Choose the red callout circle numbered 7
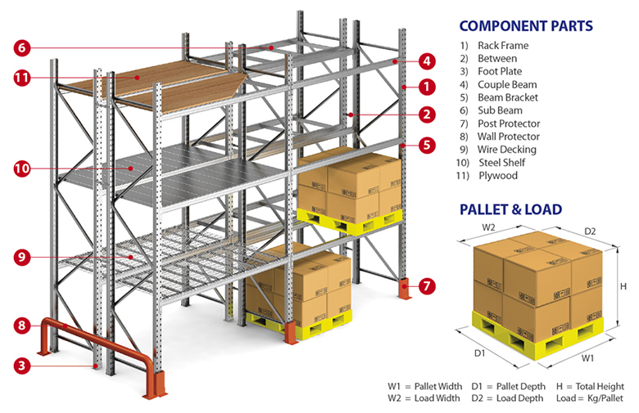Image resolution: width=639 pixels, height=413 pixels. (427, 286)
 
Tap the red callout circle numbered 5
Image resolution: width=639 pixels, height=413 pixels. (427, 146)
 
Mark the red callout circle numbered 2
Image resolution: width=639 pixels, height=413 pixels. (427, 114)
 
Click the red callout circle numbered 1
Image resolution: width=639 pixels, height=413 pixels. (427, 85)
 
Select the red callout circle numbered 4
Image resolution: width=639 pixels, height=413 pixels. (427, 60)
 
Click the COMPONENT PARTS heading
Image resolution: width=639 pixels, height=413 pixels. (525, 25)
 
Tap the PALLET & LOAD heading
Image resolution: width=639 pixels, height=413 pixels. (510, 209)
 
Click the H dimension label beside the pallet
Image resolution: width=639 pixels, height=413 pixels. (623, 286)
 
